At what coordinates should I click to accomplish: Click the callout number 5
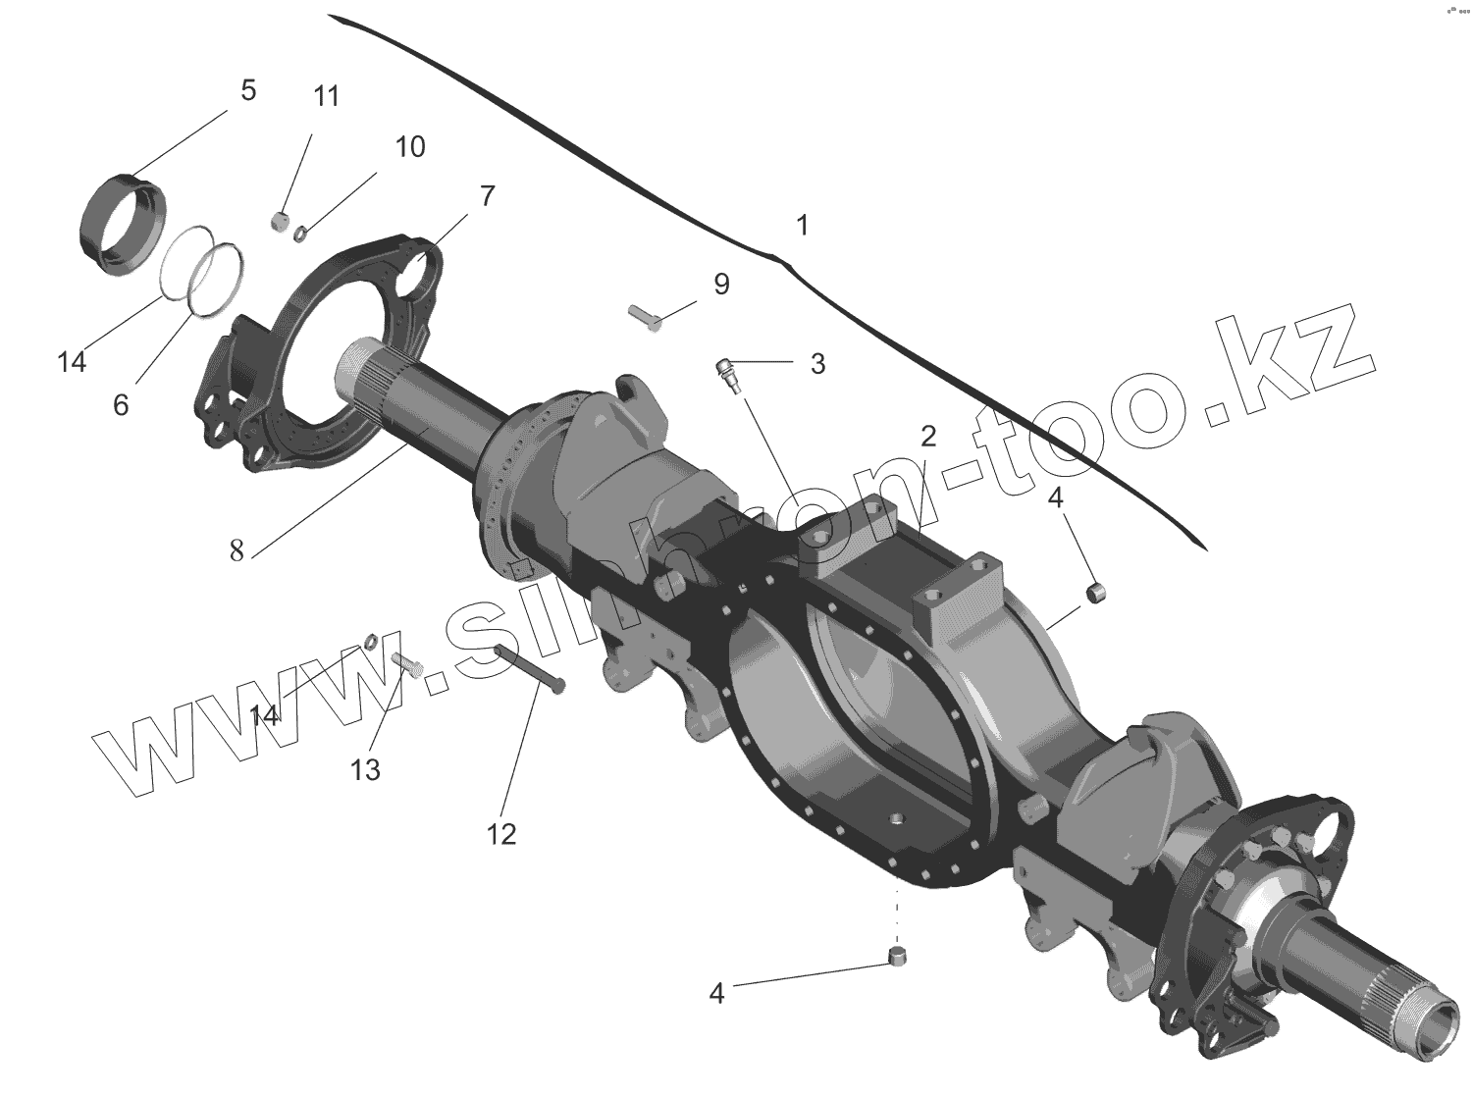click(247, 91)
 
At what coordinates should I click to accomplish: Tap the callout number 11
click(326, 96)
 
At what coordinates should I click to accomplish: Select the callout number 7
click(487, 196)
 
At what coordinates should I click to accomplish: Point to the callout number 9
click(721, 285)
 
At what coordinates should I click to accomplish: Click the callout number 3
click(817, 364)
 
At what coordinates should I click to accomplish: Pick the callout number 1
click(802, 226)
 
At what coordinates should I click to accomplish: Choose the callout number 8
click(237, 550)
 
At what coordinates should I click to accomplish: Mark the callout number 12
click(500, 834)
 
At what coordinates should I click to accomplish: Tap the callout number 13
click(365, 770)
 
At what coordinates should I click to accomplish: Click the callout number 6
click(121, 404)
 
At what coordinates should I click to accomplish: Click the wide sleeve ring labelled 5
click(122, 225)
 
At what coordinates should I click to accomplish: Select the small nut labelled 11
click(279, 223)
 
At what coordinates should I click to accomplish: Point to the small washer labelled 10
click(302, 232)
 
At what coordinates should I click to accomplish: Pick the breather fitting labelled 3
click(728, 375)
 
